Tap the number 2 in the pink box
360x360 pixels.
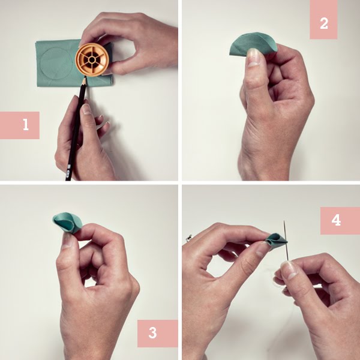[x=323, y=23]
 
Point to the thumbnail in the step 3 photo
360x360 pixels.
[x=68, y=239]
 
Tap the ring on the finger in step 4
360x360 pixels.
[x=189, y=239]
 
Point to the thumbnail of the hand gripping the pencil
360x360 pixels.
[x=86, y=109]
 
